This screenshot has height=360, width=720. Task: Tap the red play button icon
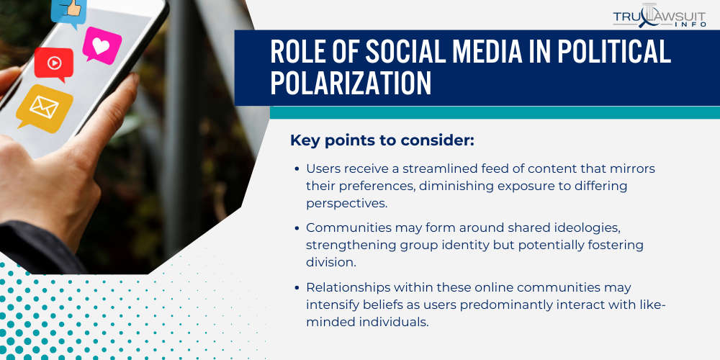54,63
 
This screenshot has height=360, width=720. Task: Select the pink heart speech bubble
102,45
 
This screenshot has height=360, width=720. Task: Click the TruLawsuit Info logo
659,19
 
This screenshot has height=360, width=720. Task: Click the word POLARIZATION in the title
351,84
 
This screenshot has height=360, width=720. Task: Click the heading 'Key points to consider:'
382,140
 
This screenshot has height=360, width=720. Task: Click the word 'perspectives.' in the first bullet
347,203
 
